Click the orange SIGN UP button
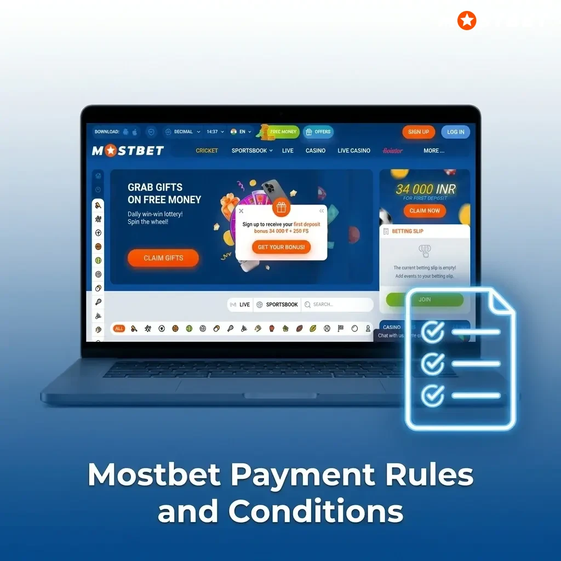pos(418,132)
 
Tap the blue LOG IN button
pos(455,132)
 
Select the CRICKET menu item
pos(207,151)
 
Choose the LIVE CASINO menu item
pos(354,151)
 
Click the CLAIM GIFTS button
pos(163,258)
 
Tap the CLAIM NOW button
pos(425,211)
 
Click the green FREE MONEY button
pos(282,132)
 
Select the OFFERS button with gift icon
pos(318,132)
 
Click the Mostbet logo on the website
pos(128,151)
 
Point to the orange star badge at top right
pos(467,21)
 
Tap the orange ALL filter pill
pos(119,329)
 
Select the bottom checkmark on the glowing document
pos(433,394)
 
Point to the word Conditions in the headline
pos(316,512)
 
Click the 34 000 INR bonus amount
pos(425,190)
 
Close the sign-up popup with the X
pos(241,211)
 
